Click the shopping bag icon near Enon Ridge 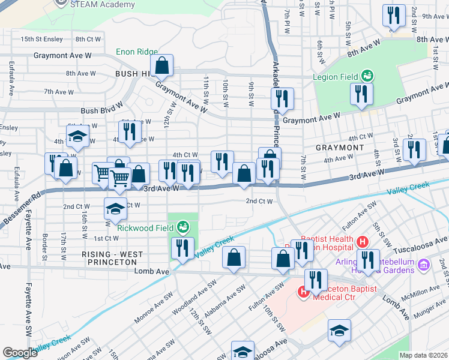tap(161, 66)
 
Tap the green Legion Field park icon tap(367, 76)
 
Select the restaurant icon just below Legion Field tap(361, 95)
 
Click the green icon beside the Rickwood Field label tap(183, 227)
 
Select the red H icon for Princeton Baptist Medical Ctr tap(303, 294)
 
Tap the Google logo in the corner tap(20, 353)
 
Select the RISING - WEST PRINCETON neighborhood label tap(112, 259)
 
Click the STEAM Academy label tap(103, 5)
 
